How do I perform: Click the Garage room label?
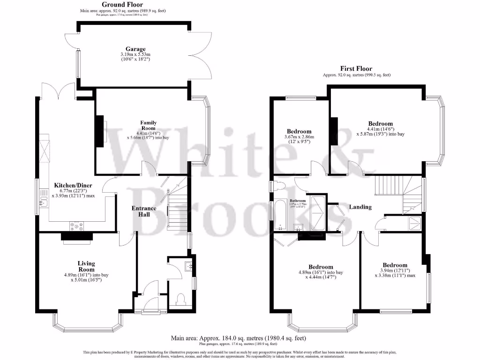pos(135,49)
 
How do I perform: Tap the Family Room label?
pos(149,125)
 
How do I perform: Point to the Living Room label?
pos(87,266)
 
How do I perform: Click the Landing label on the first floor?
pos(360,207)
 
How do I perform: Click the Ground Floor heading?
pos(122,5)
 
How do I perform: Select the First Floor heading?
pos(356,68)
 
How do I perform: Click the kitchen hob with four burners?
pos(77,226)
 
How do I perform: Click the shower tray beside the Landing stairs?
pos(414,224)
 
